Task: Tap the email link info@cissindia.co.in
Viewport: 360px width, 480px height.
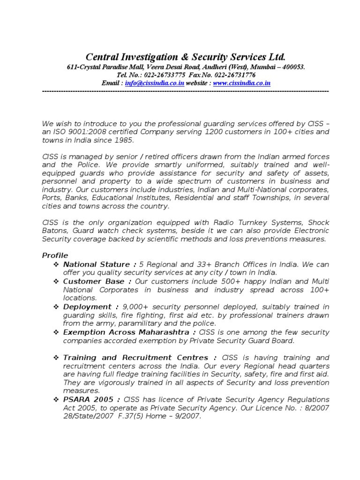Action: [155, 83]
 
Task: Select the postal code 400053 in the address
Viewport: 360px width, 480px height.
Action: [292, 67]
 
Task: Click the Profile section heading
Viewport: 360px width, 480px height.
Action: [55, 255]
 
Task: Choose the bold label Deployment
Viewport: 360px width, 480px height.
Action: [87, 307]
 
